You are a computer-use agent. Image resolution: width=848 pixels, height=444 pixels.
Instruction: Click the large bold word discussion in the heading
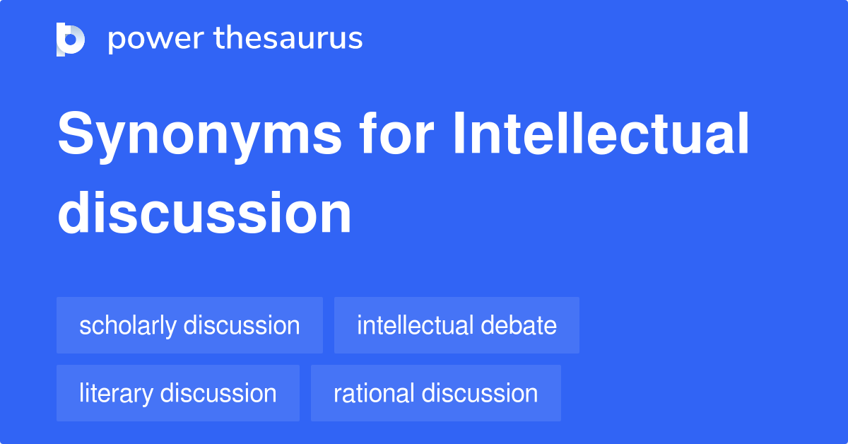[x=204, y=213]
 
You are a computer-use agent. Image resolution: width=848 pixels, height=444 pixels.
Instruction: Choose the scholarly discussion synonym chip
[x=189, y=326]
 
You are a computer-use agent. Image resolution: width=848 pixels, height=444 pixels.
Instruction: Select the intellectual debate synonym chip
[x=457, y=326]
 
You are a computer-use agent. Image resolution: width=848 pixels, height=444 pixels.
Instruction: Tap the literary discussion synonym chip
[x=177, y=393]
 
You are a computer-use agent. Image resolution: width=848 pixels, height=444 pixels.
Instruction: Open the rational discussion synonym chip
[x=435, y=393]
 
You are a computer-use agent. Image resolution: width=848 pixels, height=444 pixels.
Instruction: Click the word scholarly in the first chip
[x=128, y=326]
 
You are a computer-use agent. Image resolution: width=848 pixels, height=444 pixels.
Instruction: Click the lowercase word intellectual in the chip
[x=415, y=326]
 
